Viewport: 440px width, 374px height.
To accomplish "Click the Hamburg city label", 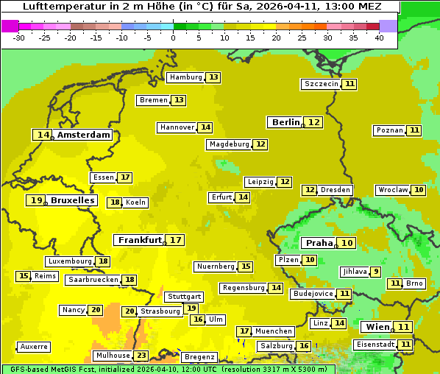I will (x=185, y=77).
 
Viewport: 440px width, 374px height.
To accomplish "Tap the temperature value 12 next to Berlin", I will (x=314, y=122).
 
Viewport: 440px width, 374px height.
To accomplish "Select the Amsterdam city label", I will (x=84, y=135).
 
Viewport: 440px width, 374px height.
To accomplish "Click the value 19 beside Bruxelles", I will (x=36, y=200).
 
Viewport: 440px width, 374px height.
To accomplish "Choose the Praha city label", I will (x=319, y=243).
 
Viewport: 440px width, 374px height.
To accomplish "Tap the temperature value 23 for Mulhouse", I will (x=141, y=356).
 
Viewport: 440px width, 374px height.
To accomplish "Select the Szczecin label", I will (x=322, y=84).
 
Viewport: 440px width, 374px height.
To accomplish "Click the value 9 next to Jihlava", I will (x=376, y=272).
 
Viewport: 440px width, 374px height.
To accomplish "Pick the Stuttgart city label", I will (x=183, y=297).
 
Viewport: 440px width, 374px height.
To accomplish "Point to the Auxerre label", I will (x=34, y=346).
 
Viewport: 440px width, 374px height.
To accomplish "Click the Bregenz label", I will (x=199, y=357).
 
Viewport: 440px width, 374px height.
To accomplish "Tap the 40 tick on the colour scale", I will (x=379, y=37).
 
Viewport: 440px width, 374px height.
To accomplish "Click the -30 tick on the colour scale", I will (x=19, y=37).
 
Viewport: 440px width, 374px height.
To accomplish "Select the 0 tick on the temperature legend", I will (x=173, y=37).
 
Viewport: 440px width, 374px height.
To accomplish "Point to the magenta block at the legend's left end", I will (x=10, y=26).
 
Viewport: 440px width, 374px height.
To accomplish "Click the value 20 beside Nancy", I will (x=96, y=310).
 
